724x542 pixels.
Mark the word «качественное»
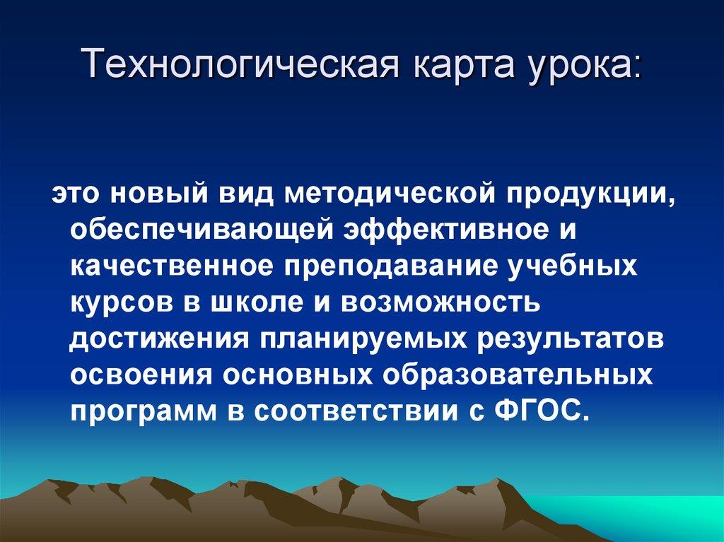coord(170,268)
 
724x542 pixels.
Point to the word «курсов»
coord(122,304)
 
